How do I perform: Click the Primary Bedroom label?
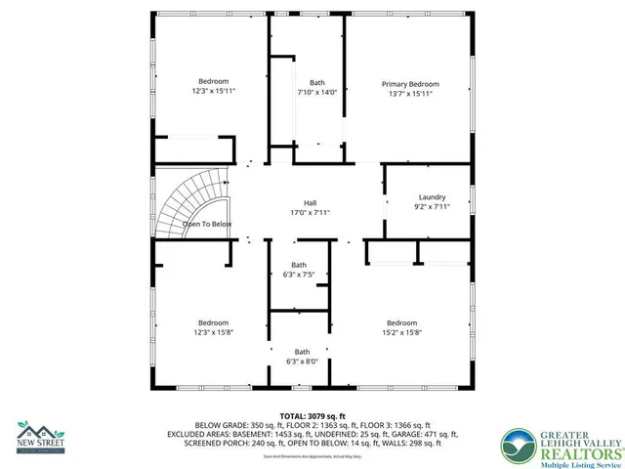coord(409,84)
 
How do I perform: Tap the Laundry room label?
coord(432,196)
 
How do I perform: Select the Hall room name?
coord(310,202)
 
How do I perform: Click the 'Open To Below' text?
coord(207,224)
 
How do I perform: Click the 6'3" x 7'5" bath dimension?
coord(300,275)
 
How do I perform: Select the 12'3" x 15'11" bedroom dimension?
coord(214,91)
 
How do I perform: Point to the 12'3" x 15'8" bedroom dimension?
coord(214,332)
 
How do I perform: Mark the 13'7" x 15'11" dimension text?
coord(410,94)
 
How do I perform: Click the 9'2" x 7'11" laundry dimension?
coord(432,206)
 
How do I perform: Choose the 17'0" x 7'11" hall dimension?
coord(310,212)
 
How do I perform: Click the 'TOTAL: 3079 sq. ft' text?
coord(312,415)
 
